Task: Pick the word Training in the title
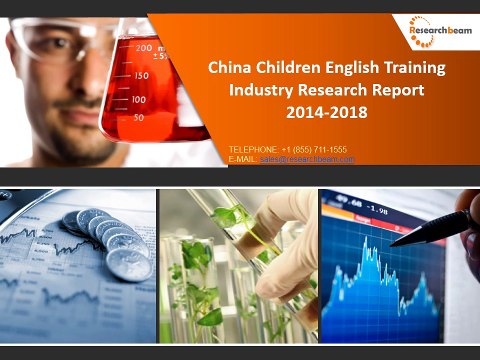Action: coord(420,69)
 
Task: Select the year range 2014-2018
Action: coord(326,113)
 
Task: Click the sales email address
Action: coord(307,159)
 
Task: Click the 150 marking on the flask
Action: coord(141,75)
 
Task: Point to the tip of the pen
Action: coord(393,243)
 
